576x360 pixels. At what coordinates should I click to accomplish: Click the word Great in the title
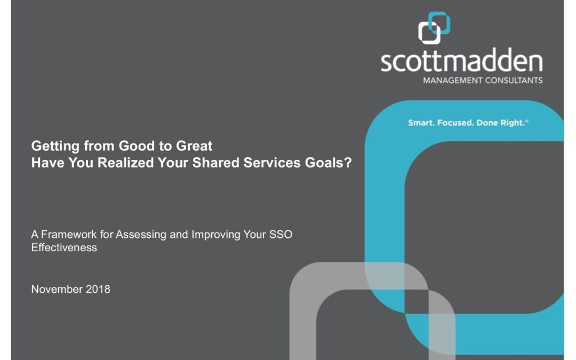pos(194,146)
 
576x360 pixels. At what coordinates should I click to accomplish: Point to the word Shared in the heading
pos(216,163)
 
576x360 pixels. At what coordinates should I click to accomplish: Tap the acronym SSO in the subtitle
pos(281,234)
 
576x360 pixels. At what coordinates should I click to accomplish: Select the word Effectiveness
pos(65,247)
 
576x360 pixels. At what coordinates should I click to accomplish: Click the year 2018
pos(98,289)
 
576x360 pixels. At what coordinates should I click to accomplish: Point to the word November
pos(57,289)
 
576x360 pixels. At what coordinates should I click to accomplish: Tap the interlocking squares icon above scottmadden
pos(434,28)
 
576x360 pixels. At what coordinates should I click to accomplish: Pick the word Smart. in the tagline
pos(421,123)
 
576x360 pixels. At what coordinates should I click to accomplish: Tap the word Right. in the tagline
pos(513,123)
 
